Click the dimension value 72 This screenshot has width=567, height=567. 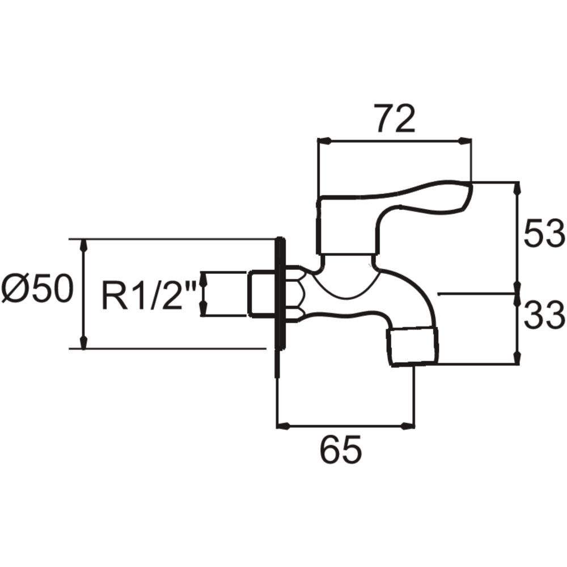pos(396,118)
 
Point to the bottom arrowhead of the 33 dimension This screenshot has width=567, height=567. pos(517,358)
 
